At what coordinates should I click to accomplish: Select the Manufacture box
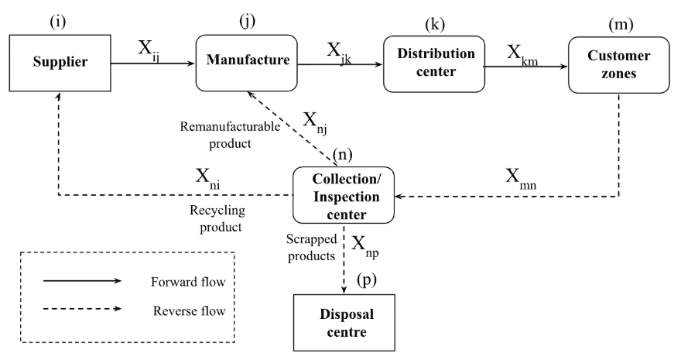(x=245, y=59)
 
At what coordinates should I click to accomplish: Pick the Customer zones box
(x=618, y=65)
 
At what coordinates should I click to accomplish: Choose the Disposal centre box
(x=341, y=324)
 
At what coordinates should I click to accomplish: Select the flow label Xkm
(x=522, y=53)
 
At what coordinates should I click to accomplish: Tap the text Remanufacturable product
(x=217, y=132)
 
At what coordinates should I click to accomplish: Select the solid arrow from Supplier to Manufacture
(x=155, y=65)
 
